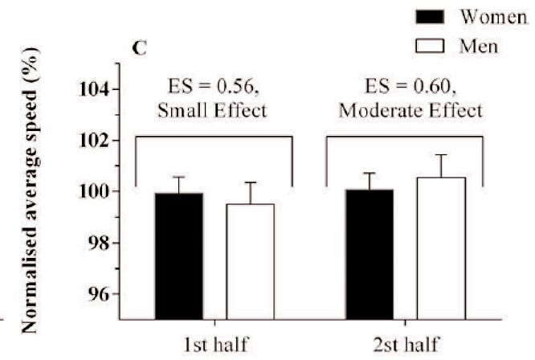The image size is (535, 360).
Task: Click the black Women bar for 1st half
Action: click(x=180, y=256)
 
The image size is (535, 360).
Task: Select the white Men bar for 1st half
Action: click(x=250, y=262)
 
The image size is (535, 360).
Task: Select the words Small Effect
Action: click(x=214, y=110)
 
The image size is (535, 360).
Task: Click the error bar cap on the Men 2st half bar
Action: click(x=441, y=155)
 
